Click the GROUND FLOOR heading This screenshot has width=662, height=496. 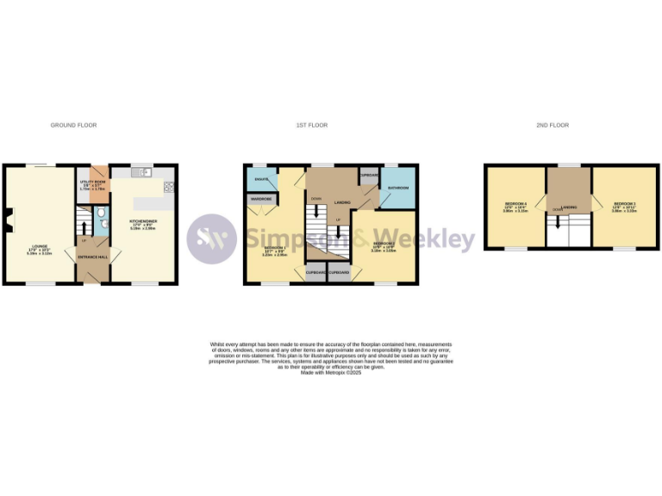[x=73, y=126]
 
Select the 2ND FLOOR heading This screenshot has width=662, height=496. [x=553, y=126]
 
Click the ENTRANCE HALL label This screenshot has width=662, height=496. [x=93, y=257]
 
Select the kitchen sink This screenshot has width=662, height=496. [x=144, y=172]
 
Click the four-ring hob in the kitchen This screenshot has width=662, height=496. [x=167, y=186]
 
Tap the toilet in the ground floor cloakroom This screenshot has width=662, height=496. [x=102, y=213]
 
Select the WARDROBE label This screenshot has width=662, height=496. [x=261, y=199]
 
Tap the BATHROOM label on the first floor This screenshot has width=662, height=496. [x=397, y=187]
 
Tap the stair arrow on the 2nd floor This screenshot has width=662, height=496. [x=559, y=221]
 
